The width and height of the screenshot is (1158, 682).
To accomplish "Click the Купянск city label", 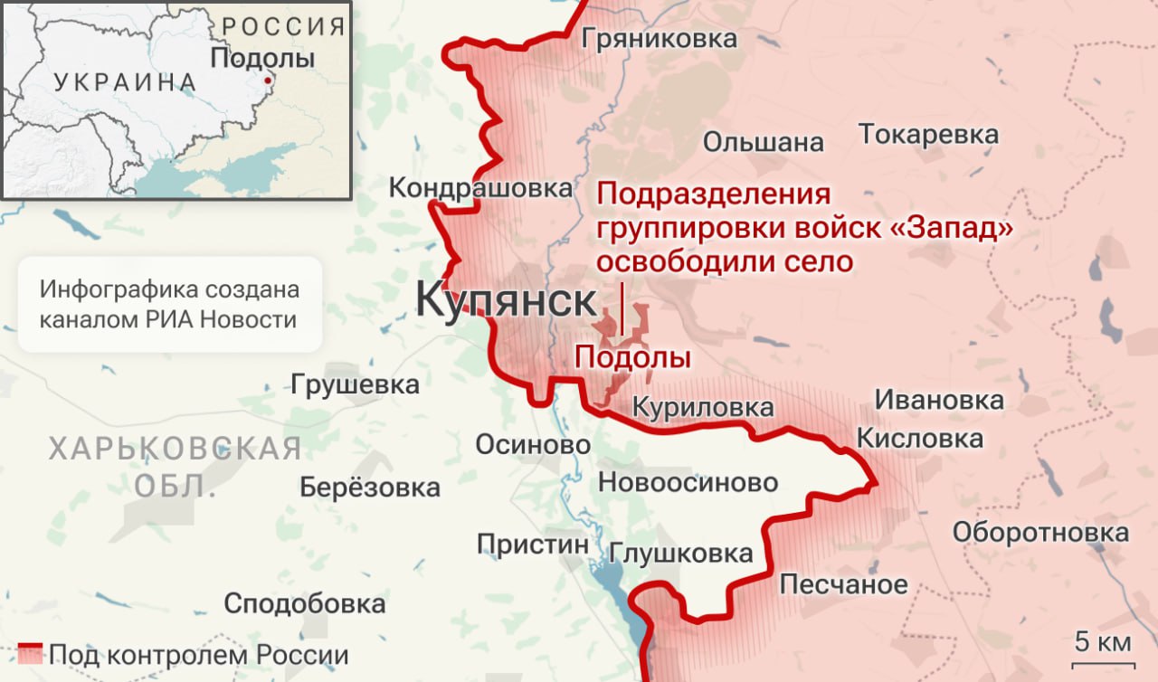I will pos(507,301).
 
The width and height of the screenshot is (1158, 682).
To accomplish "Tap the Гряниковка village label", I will pos(660,39).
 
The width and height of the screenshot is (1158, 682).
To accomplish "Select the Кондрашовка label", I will pos(480,188).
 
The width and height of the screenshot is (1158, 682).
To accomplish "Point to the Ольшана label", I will pos(764,142).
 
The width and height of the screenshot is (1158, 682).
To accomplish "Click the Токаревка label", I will pos(928,135).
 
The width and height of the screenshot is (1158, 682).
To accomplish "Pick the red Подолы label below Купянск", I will pos(632,358).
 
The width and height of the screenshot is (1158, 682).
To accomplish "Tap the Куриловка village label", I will pos(702,408).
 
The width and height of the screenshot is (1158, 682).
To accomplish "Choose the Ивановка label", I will pos(938,401).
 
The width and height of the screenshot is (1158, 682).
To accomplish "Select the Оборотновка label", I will pos(1040,533).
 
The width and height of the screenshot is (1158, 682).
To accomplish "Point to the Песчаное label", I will pos(843,584).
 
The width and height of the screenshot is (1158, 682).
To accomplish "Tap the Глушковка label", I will pos(681,553).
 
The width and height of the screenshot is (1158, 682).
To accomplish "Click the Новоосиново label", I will pos(688,482).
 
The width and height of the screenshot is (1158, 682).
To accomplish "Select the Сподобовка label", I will pos(304,603).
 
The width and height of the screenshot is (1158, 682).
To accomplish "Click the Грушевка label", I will pos(355,384).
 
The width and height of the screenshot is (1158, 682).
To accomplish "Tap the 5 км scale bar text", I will pos(1102,643).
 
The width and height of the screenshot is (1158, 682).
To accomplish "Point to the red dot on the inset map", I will pos(267,81).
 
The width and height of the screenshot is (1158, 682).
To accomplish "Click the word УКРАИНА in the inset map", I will pos(125,82).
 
